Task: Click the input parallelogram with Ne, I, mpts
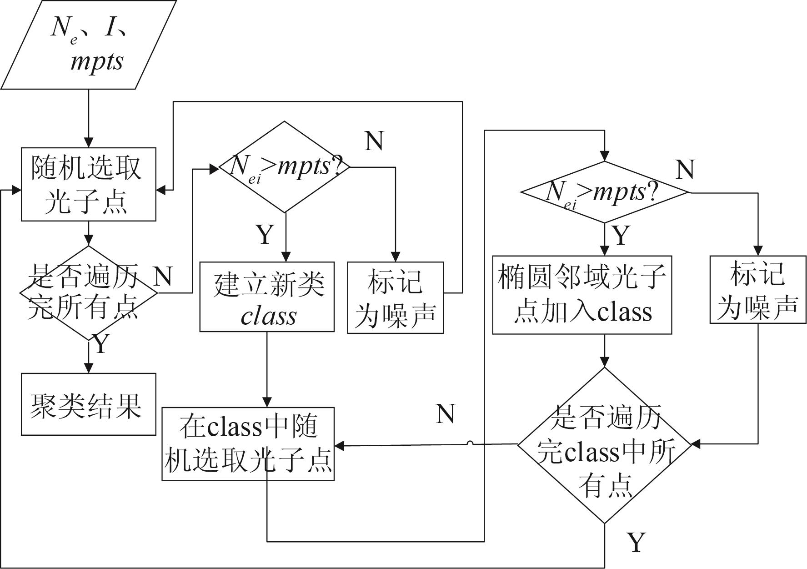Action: point(89,45)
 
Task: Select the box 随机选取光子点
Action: point(89,184)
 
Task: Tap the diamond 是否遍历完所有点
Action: point(89,292)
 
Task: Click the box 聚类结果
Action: point(89,404)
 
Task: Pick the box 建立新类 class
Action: point(267,297)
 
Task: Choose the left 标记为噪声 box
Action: point(395,298)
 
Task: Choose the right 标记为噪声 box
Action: point(758,290)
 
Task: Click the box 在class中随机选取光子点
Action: point(248,444)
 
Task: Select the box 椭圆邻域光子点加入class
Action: point(582,295)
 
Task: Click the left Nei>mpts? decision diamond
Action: point(285,167)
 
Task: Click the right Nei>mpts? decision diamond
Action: point(605,192)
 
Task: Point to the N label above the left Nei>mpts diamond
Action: point(374,141)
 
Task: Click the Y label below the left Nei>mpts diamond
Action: point(266,235)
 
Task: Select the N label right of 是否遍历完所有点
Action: point(163,276)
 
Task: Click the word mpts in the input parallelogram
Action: point(97,61)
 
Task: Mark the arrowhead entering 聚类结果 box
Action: point(89,368)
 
